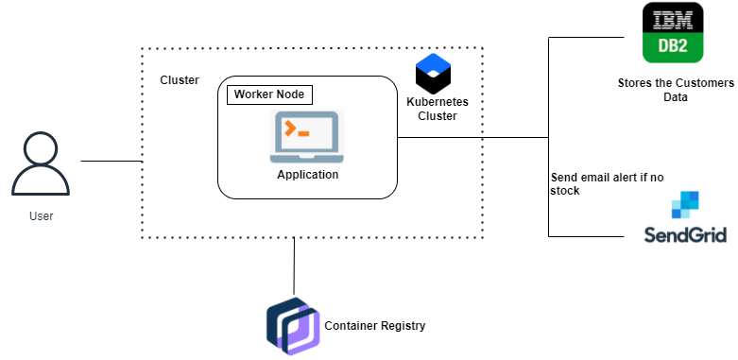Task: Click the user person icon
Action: click(x=41, y=165)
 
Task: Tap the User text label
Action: click(x=41, y=216)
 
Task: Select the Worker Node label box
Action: click(x=270, y=95)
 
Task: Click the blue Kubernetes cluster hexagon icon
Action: click(x=433, y=73)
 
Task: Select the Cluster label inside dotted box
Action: click(x=180, y=80)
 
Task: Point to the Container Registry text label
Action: click(x=375, y=326)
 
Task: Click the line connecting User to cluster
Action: click(x=111, y=162)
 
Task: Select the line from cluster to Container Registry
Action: click(x=295, y=265)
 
